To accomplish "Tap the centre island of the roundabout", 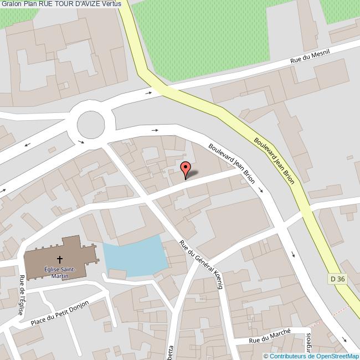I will (91, 125).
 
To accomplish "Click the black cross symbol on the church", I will (60, 259).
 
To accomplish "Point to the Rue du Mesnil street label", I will (311, 56).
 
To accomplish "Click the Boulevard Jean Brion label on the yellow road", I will (274, 156).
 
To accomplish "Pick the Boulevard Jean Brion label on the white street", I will (231, 163).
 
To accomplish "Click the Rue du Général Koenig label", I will (202, 265).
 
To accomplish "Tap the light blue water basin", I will (135, 257).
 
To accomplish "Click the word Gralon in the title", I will (11, 4).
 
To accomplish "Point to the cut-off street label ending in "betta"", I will (171, 351).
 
